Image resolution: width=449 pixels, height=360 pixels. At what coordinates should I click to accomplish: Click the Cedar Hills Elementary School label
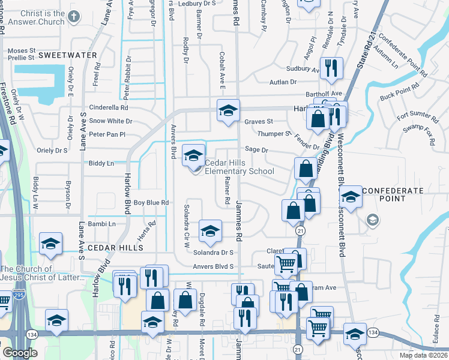(x=239, y=167)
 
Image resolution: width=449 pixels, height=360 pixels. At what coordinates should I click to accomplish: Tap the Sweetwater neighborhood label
(x=67, y=55)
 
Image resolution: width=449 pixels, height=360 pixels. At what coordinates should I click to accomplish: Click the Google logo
(x=20, y=353)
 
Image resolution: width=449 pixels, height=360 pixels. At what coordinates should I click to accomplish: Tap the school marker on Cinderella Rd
(x=228, y=112)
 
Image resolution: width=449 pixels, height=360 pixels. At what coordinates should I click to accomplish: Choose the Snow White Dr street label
(x=110, y=121)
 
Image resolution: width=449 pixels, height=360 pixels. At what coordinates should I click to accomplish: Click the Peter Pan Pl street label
(x=106, y=134)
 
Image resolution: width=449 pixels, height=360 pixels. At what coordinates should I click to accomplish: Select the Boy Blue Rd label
(x=151, y=203)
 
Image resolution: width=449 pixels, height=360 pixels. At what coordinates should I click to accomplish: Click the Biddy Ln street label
(x=101, y=163)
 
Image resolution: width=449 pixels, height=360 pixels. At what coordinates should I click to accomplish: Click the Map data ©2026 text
(x=424, y=355)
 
